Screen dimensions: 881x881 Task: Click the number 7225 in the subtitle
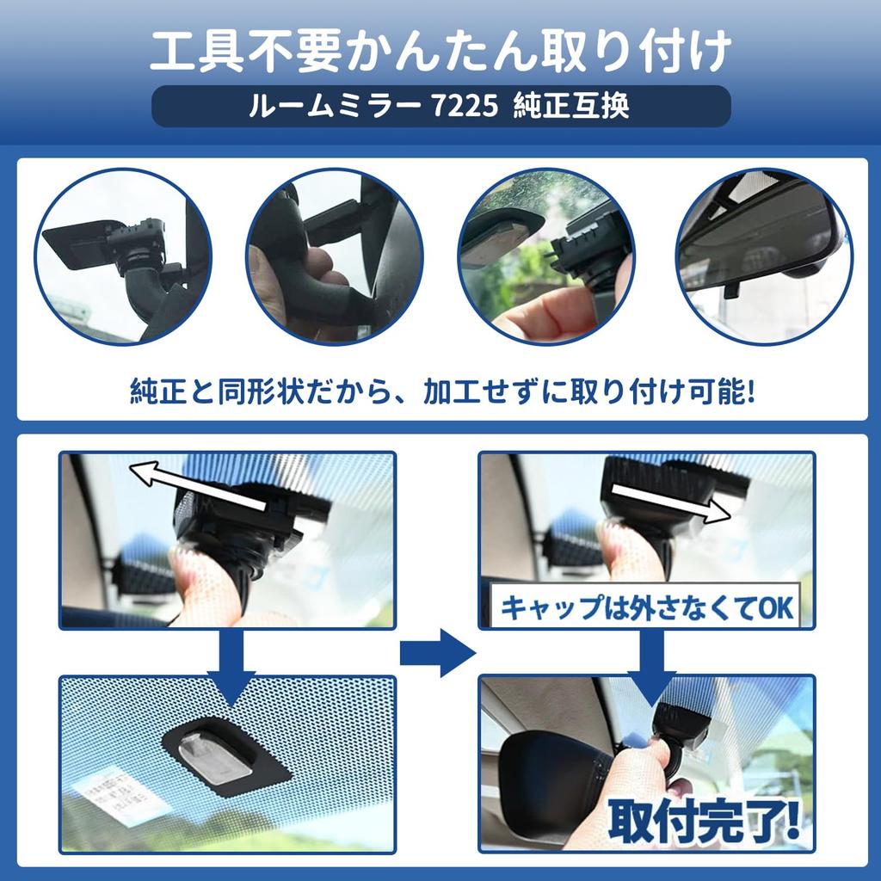point(465,106)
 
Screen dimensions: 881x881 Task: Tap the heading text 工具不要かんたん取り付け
point(440,51)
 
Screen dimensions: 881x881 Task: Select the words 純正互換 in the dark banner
point(571,106)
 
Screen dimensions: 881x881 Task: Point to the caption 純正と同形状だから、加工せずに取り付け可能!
point(441,391)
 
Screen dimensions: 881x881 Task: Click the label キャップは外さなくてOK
point(646,607)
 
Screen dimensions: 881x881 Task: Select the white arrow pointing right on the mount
point(670,502)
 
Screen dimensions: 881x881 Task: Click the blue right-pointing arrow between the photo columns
point(438,653)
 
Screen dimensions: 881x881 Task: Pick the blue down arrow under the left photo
point(231,668)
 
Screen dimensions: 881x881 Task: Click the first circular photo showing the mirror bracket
point(123,256)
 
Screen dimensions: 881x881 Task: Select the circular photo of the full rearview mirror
point(764,256)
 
